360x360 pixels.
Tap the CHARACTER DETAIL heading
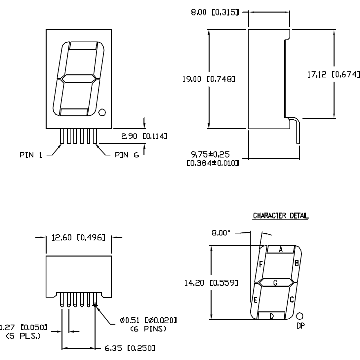[x=280, y=216]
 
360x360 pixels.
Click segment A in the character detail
[x=280, y=250]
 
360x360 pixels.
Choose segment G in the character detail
[x=275, y=282]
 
